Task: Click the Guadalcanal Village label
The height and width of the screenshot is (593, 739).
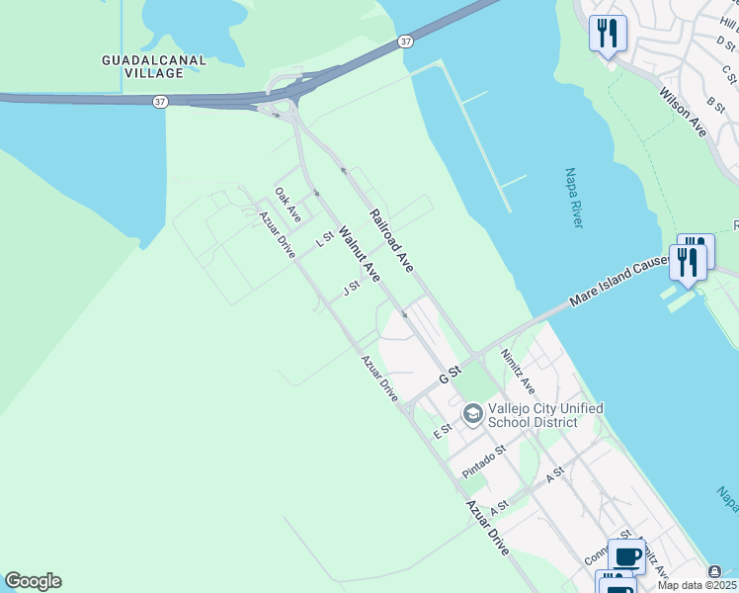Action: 154,66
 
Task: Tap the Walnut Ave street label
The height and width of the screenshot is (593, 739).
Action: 359,254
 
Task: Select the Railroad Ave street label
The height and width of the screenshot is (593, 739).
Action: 391,241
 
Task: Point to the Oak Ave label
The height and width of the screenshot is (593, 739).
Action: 287,205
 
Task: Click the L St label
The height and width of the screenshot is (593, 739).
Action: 322,240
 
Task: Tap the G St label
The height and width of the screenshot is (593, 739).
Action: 451,377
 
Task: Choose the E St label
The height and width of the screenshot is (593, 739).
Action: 442,431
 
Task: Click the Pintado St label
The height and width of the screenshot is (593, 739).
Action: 483,462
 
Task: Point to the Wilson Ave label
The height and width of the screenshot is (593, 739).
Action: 684,111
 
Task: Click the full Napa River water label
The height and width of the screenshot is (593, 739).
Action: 574,198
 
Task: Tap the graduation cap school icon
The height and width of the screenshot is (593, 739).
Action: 472,413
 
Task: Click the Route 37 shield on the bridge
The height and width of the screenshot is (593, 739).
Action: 406,42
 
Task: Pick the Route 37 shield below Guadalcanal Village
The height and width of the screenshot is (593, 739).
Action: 160,101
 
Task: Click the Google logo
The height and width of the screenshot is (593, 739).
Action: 33,581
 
